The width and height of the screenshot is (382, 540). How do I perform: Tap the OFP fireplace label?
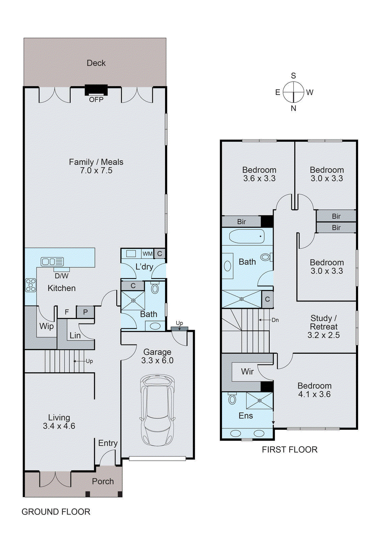(x=96, y=100)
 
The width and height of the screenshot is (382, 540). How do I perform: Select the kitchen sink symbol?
(x=52, y=262)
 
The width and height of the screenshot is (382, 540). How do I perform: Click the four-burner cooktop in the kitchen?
(x=31, y=285)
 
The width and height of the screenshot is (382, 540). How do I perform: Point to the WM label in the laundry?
(x=147, y=254)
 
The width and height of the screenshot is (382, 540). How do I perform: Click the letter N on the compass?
(x=293, y=108)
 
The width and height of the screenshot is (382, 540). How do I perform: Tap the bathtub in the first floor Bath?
(x=247, y=236)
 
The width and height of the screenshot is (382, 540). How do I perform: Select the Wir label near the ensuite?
(x=247, y=372)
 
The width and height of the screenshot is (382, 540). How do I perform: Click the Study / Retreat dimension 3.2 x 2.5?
(x=323, y=335)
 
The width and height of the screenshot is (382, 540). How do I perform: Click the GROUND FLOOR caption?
(x=56, y=512)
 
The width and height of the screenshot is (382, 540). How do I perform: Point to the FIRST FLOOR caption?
(x=290, y=450)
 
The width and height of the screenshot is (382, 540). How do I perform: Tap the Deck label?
(x=96, y=63)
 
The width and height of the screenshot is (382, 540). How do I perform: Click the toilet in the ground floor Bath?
(x=155, y=289)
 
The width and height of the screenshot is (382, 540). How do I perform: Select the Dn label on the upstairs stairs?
(x=275, y=320)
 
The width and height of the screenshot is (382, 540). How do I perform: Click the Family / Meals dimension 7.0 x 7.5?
(x=96, y=171)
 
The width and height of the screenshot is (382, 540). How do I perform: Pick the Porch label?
(x=103, y=482)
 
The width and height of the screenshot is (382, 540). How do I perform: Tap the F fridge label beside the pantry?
(x=67, y=312)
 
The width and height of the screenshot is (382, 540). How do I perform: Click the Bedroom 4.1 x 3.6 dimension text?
(x=314, y=394)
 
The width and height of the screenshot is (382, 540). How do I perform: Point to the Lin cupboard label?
(x=75, y=335)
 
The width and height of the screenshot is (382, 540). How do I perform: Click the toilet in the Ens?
(x=232, y=399)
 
